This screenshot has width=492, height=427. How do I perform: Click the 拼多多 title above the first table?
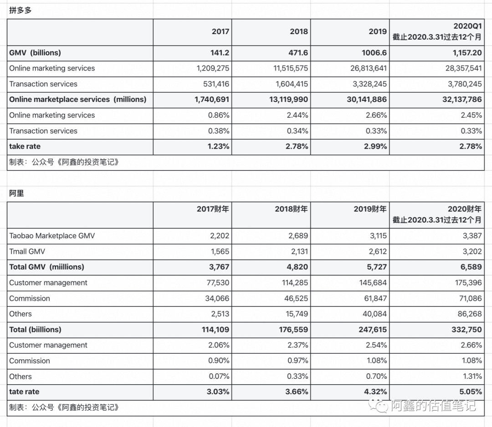(x=20, y=10)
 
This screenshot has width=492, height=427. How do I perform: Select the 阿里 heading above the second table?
(x=16, y=193)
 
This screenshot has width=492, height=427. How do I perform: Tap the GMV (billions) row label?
(x=35, y=53)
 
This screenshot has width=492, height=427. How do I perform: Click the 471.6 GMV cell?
(x=299, y=53)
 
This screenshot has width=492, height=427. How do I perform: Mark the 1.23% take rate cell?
(x=219, y=146)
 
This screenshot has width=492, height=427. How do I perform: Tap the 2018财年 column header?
(x=291, y=209)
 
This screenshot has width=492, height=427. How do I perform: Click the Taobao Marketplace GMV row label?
(x=52, y=236)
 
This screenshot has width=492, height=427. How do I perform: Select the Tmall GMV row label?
(x=27, y=251)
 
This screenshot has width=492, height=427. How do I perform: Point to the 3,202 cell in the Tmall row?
(x=471, y=251)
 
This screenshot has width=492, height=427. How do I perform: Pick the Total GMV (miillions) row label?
(x=46, y=267)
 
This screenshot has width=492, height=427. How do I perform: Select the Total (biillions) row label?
(x=35, y=330)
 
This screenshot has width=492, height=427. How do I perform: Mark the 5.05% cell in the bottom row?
(x=471, y=392)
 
